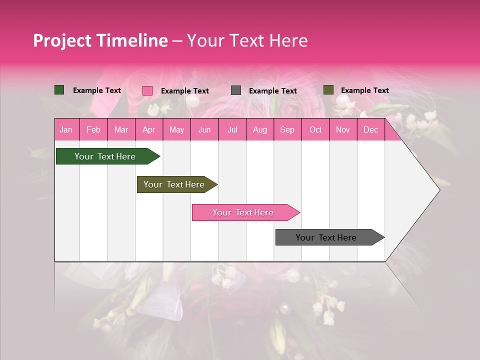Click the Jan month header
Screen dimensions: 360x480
(x=66, y=130)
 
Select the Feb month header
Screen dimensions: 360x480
(x=93, y=130)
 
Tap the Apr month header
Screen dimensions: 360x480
(x=148, y=130)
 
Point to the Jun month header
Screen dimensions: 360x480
(x=204, y=130)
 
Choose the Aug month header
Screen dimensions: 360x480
(x=259, y=130)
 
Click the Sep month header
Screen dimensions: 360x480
(x=287, y=130)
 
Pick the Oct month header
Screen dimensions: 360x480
(x=315, y=130)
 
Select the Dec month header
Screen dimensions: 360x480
(x=370, y=130)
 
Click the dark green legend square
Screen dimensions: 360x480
(x=59, y=90)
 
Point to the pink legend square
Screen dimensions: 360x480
(x=147, y=90)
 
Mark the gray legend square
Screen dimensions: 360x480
(x=236, y=90)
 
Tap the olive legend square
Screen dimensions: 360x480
(x=328, y=90)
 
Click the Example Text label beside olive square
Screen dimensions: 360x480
(x=364, y=90)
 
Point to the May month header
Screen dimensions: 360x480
(x=176, y=130)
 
